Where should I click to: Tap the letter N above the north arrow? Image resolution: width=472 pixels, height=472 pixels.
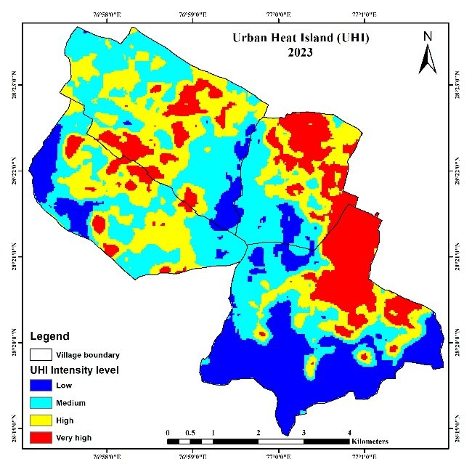[428, 36]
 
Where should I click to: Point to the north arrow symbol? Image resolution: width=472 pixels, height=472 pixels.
[427, 59]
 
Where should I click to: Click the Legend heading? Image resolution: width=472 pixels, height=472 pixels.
[50, 336]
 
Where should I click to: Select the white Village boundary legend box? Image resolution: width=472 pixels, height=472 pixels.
[41, 355]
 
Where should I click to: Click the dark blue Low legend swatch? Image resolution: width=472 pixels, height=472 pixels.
[41, 386]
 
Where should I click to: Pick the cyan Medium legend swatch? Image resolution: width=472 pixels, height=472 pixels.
[41, 403]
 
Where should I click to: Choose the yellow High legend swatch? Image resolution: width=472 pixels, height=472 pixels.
[41, 420]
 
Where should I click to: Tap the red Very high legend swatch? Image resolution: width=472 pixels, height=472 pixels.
[41, 438]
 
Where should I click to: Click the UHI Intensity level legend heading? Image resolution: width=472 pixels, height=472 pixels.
[74, 370]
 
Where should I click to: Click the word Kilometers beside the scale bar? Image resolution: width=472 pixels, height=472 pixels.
[370, 442]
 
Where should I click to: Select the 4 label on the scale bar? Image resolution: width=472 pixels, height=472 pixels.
[349, 432]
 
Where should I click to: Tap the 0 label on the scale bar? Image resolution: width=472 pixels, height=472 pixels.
[168, 432]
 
